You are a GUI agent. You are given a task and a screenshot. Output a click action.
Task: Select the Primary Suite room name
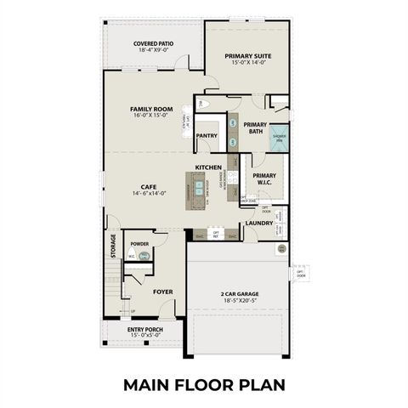[x=247, y=56]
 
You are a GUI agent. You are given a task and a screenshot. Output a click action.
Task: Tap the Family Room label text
[x=151, y=109]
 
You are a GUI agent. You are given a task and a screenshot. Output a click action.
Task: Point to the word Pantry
[x=207, y=135]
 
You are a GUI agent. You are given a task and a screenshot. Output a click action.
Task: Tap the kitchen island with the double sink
[x=198, y=188]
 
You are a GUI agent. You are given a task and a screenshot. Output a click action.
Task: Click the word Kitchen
[x=208, y=167]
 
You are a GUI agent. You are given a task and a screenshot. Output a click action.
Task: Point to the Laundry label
[x=258, y=224]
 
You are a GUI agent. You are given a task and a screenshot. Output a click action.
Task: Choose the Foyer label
[x=162, y=292]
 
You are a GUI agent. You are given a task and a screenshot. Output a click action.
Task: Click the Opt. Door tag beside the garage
[x=300, y=274]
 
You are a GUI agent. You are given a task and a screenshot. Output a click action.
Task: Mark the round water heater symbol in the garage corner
[x=281, y=249]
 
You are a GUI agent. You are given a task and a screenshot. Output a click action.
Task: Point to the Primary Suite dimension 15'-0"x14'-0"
[x=247, y=64]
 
